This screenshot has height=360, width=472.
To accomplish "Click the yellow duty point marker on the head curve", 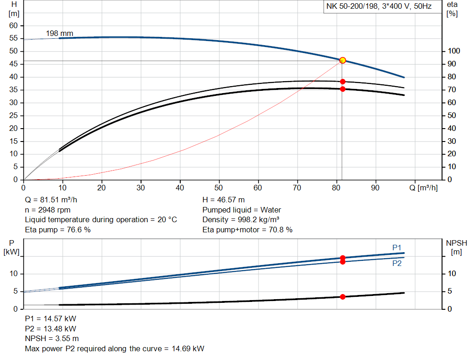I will tap(342, 60).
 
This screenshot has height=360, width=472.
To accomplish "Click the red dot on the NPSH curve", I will tap(342, 297).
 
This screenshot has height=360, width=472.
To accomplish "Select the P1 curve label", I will tap(397, 248).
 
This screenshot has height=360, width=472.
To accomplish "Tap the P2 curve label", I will tap(397, 264).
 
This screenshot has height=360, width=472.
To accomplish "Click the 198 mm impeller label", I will tap(59, 34).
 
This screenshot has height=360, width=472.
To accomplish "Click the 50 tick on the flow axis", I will tap(219, 188).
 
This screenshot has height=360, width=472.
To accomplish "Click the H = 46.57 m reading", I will tap(224, 200).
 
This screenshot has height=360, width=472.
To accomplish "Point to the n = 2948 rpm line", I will tap(47, 210).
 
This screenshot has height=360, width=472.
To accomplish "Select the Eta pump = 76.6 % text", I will tap(58, 230).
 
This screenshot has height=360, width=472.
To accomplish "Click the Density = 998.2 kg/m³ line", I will tap(241, 219).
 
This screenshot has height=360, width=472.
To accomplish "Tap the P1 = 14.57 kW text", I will tap(50, 319).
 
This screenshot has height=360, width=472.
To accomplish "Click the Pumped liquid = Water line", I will tap(242, 210).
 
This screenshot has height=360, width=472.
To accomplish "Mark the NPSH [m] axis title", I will tap(456, 247).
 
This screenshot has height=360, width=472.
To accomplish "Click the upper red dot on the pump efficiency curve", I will tap(342, 82).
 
